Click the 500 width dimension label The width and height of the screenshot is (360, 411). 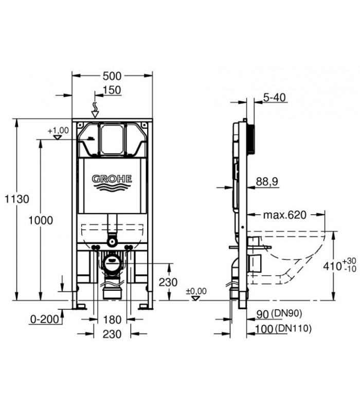tap(112, 76)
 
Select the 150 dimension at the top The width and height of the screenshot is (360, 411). tap(112, 90)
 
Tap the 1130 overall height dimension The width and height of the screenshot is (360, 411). tap(17, 199)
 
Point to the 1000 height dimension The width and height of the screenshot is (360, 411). tap(41, 220)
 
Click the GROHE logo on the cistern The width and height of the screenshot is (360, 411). tap(112, 182)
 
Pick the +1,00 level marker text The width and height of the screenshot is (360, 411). tap(58, 130)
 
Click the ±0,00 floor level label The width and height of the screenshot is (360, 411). tap(196, 291)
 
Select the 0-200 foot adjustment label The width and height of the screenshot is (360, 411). tap(44, 319)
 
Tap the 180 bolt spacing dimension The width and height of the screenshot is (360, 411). tap(112, 320)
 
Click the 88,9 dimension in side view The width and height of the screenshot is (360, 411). tap(267, 181)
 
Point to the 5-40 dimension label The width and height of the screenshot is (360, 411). tap(274, 98)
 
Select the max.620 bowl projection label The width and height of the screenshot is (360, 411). tap(285, 215)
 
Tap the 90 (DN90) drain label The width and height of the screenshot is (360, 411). tap(279, 314)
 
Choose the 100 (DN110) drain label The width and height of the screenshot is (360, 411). tap(283, 328)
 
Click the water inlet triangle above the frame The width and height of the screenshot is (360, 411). tap(95, 114)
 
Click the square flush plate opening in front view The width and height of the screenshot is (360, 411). tap(112, 139)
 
